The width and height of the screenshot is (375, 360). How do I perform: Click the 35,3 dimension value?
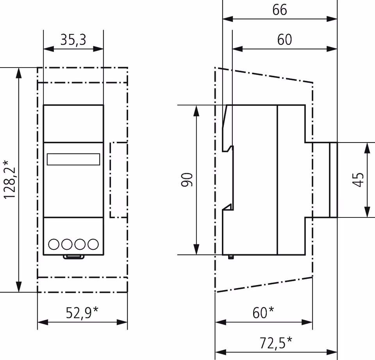coord(73,40)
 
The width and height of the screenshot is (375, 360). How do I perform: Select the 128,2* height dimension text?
coord(9,179)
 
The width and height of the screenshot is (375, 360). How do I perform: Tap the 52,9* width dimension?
coord(82,313)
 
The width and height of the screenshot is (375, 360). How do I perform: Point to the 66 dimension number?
coord(280,10)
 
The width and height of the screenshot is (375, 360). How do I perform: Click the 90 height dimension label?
coord(187,180)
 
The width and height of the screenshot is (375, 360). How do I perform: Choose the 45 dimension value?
coord(358,180)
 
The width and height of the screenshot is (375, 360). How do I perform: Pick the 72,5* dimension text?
coord(276,343)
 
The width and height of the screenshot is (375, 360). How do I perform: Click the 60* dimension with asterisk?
coord(263,313)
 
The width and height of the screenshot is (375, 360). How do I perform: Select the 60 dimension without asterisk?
coord(285,40)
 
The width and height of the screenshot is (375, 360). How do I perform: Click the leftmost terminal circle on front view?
coord(54,244)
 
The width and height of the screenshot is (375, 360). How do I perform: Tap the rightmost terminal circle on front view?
coord(93,244)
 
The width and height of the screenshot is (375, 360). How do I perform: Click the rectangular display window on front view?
coord(73,159)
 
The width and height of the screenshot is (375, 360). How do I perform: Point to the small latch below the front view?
coord(74,257)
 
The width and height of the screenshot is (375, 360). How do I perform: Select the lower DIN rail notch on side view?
coord(228,207)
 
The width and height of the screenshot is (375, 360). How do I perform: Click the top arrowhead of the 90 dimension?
coord(196,110)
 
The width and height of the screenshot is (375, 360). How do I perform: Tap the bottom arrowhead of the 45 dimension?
coord(367,212)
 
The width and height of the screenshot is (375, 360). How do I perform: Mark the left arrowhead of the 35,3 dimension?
coord(49,49)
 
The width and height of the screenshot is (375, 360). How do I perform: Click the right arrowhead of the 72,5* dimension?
coord(332,352)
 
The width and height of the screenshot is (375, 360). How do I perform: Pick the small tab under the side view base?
coord(230,257)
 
